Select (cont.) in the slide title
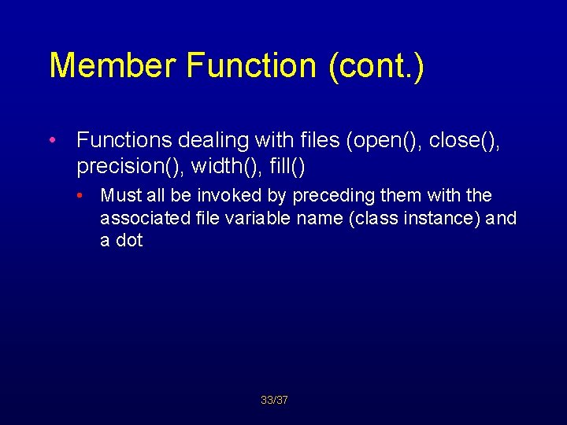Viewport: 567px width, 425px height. click(372, 65)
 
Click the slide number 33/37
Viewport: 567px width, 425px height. click(275, 401)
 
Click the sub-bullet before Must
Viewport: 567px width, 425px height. click(81, 195)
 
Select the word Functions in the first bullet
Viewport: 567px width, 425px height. click(124, 141)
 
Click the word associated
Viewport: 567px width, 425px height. click(146, 218)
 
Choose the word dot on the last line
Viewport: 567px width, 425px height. click(129, 240)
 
